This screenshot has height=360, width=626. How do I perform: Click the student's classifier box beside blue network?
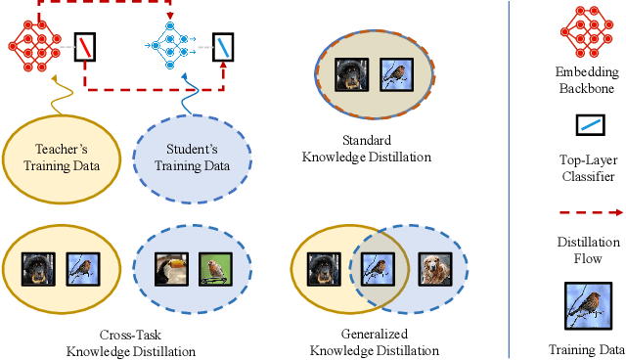[x=224, y=45]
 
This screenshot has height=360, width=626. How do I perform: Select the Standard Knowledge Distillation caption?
[x=367, y=150]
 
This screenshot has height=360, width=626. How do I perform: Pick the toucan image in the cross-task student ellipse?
[x=170, y=269]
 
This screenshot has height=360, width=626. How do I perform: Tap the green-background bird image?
[x=215, y=269]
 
